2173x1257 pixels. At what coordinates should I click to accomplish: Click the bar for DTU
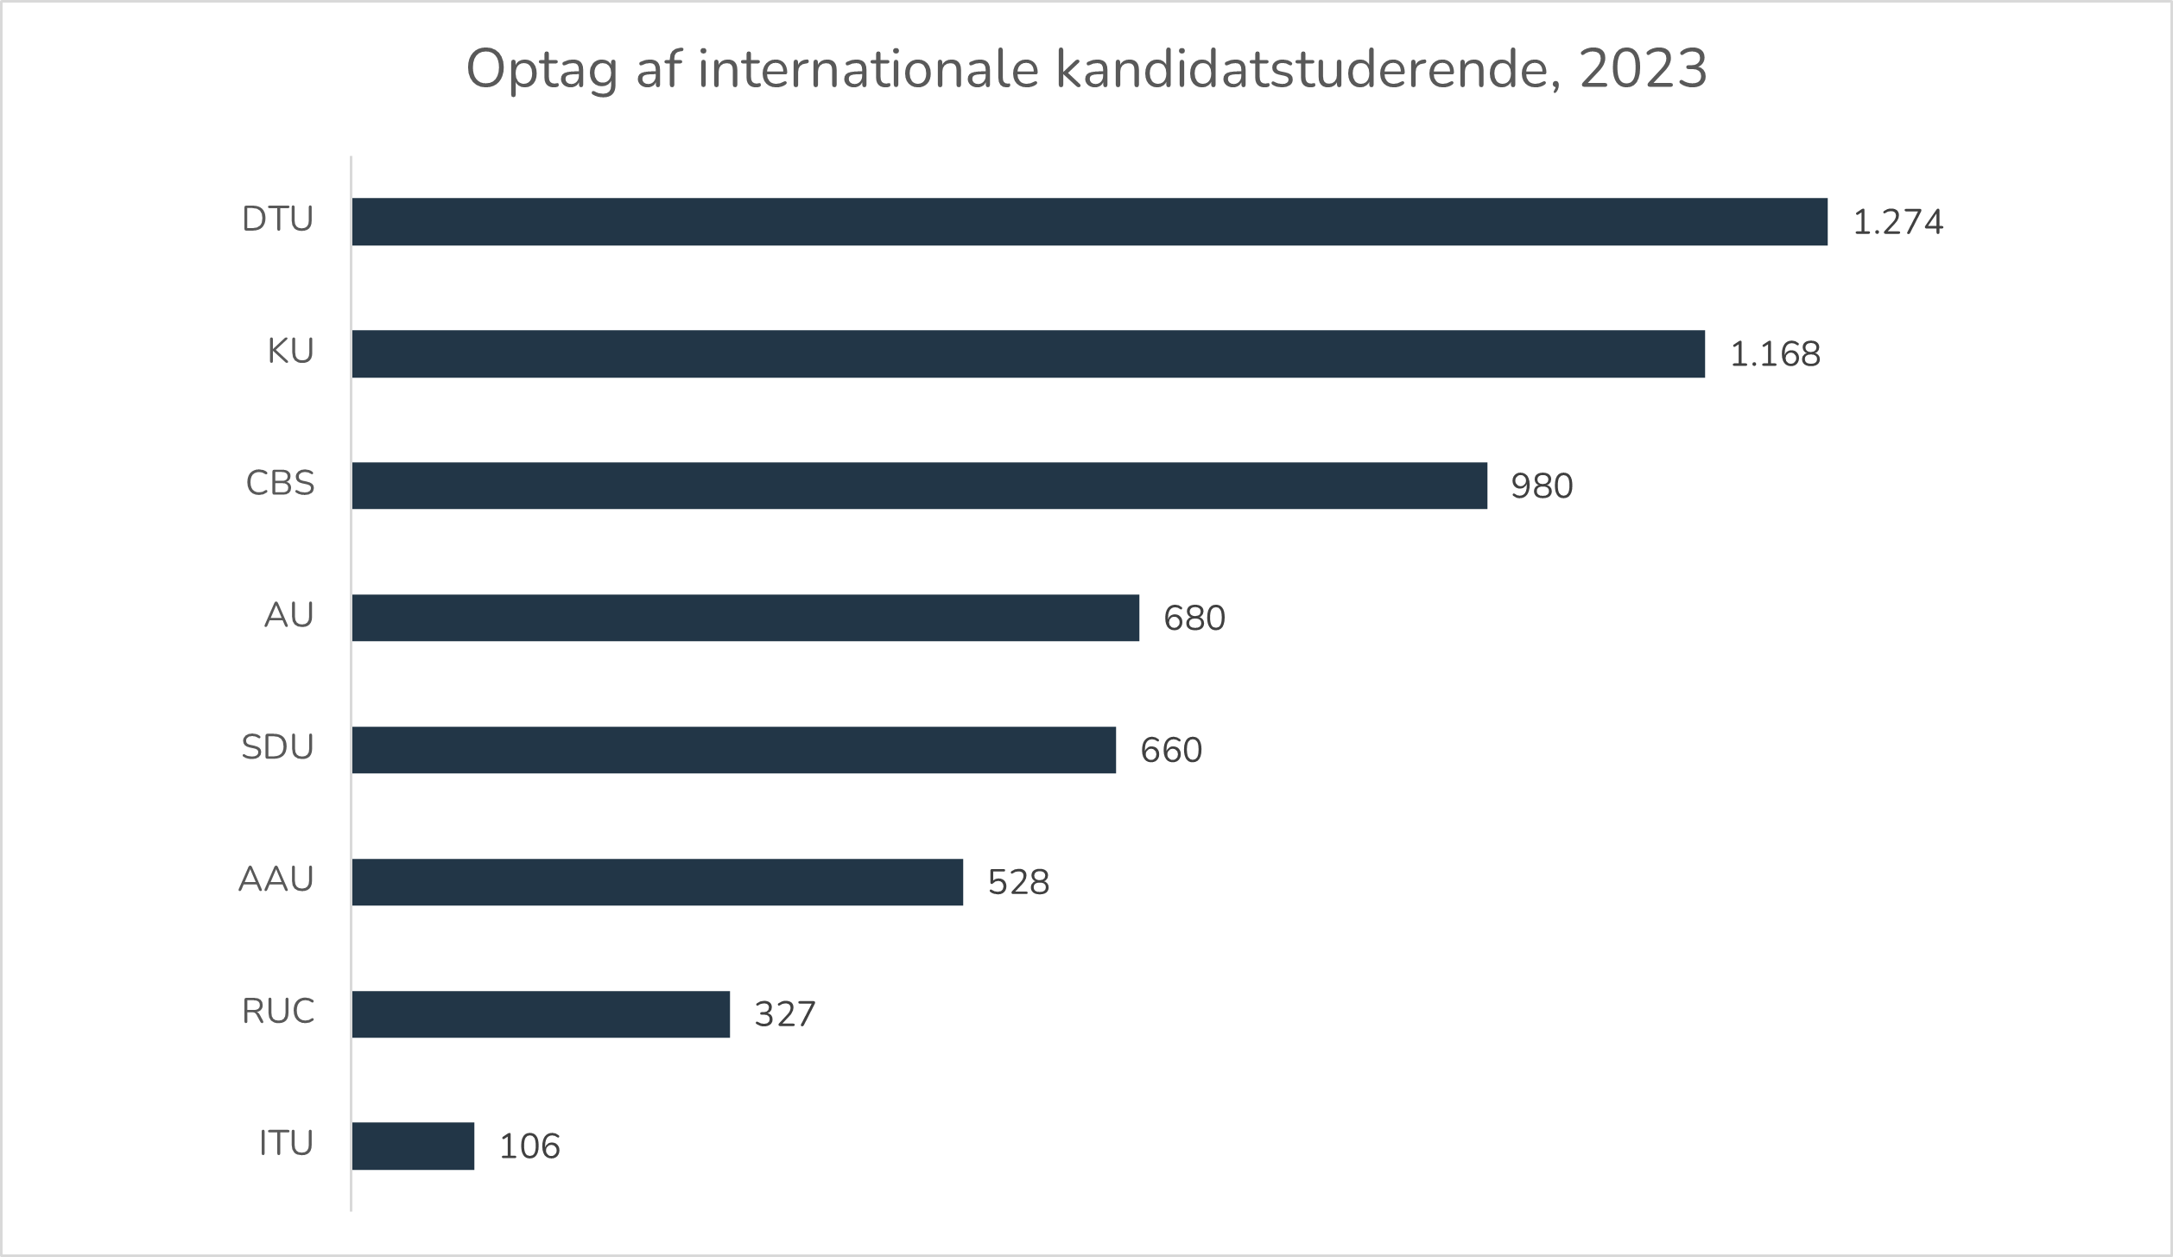[x=1089, y=222]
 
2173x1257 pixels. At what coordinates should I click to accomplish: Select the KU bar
[x=1028, y=353]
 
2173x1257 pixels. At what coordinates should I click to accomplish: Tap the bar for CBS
[x=919, y=486]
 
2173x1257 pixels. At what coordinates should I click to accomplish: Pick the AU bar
[x=745, y=618]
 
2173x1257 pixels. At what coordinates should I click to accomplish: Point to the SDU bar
[x=733, y=750]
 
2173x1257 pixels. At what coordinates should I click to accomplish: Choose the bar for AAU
[x=657, y=882]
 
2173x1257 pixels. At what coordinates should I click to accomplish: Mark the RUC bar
[x=541, y=1014]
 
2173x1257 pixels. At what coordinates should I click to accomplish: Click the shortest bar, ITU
[x=413, y=1146]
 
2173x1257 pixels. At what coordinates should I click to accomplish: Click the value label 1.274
[x=1897, y=223]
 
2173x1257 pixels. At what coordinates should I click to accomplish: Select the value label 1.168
[x=1775, y=355]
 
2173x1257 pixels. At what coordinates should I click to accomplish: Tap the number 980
[x=1542, y=486]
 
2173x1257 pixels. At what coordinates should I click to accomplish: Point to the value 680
[x=1194, y=619]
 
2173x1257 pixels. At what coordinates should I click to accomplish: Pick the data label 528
[x=1018, y=883]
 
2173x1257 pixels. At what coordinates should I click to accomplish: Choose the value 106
[x=529, y=1146]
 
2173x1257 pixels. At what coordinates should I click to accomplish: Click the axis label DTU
[x=277, y=219]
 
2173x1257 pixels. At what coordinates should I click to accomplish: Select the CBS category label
[x=280, y=483]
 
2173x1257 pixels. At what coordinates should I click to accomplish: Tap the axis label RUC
[x=278, y=1012]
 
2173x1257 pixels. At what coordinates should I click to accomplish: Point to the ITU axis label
[x=286, y=1144]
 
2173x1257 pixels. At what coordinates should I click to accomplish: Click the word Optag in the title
[x=542, y=69]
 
